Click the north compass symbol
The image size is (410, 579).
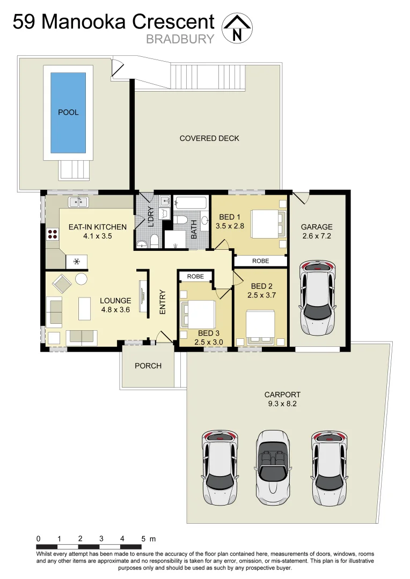click(237, 28)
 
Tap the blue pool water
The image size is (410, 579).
click(68, 112)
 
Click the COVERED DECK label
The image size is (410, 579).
click(209, 138)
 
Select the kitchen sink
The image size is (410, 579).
click(78, 202)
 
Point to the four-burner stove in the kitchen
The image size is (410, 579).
click(53, 233)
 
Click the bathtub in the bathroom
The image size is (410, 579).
click(191, 203)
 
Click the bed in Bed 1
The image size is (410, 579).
click(266, 223)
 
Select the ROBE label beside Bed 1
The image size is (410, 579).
click(260, 261)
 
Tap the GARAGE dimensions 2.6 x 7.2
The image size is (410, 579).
click(317, 236)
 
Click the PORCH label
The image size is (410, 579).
click(148, 366)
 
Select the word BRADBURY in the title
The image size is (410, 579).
click(180, 39)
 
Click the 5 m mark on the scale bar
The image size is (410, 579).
click(143, 538)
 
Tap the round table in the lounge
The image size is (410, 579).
click(81, 279)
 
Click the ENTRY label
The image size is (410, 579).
click(162, 302)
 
